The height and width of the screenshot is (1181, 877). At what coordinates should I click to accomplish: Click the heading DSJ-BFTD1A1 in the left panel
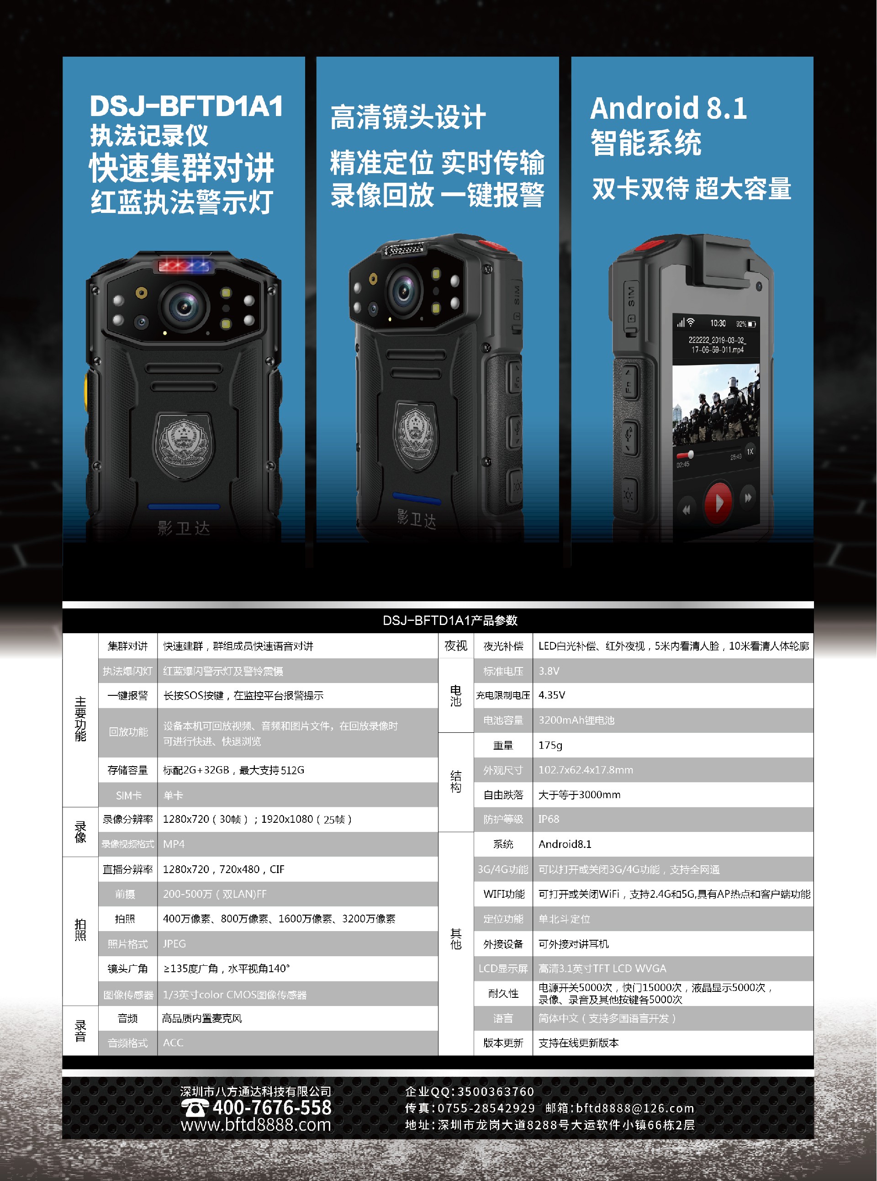[186, 106]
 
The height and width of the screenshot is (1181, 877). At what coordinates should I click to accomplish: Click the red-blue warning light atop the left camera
[185, 265]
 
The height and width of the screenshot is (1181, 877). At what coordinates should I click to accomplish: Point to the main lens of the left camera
[184, 307]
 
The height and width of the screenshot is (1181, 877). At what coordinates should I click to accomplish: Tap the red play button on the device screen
[718, 501]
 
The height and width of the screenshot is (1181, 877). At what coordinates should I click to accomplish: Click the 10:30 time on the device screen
[718, 323]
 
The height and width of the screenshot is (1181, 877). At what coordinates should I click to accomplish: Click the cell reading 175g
[550, 745]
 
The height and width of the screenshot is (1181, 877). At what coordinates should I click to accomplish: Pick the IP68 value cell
[549, 819]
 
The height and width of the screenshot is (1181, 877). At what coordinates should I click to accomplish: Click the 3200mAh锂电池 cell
[576, 720]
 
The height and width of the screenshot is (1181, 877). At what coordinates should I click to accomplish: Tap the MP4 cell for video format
[174, 844]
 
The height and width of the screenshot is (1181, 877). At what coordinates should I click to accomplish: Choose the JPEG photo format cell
[174, 943]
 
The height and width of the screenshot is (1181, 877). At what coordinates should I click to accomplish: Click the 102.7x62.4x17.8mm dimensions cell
[585, 769]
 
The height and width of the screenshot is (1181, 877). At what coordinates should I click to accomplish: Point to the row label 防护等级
[503, 819]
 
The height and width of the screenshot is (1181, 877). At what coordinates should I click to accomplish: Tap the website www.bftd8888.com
[255, 1124]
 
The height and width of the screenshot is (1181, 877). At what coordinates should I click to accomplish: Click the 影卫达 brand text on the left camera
[184, 528]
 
